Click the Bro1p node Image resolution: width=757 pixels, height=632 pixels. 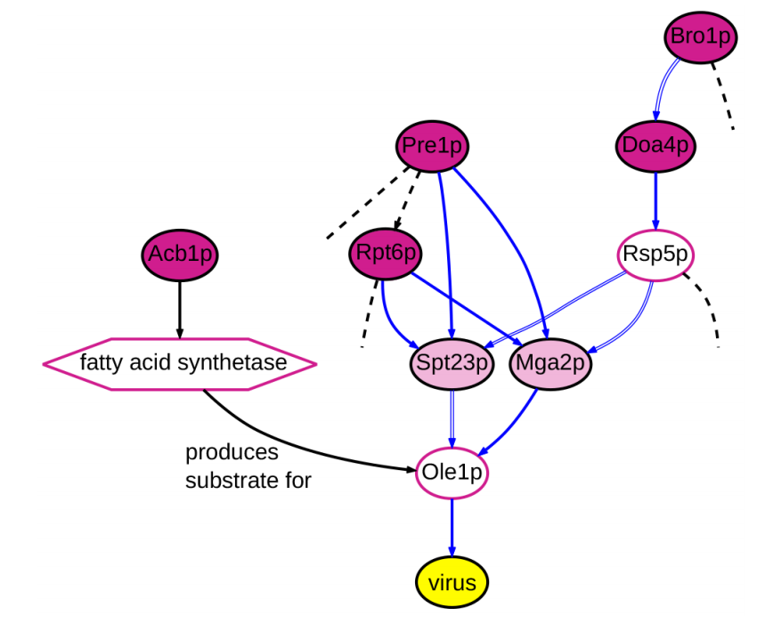point(699,37)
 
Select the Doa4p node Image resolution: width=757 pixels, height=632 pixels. point(655,144)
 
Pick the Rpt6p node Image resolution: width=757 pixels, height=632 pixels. point(386,253)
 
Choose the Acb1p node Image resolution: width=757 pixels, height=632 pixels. point(180,254)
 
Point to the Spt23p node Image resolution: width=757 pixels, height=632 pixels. point(452,363)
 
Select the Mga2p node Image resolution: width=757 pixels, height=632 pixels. point(551,363)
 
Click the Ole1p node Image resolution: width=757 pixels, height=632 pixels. point(452,471)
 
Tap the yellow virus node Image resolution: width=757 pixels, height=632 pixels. point(452,583)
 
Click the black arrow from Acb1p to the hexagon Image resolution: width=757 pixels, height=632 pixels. point(180,307)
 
